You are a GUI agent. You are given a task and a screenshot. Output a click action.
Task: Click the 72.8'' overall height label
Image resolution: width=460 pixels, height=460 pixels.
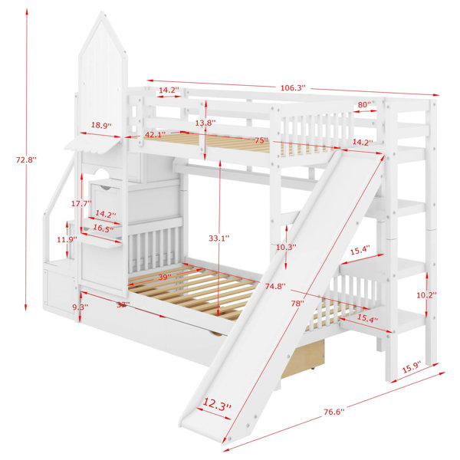tap(26, 160)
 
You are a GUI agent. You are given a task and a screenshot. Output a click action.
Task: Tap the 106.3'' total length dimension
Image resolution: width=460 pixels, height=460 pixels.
tap(293, 87)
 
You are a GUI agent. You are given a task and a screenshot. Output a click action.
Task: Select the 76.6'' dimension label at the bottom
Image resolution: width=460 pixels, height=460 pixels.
tap(333, 412)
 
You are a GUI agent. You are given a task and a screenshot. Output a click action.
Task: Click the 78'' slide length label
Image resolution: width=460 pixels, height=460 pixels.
tap(297, 304)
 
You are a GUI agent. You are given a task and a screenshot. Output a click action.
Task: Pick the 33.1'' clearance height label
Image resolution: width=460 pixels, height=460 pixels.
tap(219, 238)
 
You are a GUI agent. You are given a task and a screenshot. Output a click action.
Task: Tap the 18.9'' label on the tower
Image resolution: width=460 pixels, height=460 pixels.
tap(101, 125)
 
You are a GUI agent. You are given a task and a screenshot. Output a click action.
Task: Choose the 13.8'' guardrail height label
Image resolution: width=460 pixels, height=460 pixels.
tap(205, 123)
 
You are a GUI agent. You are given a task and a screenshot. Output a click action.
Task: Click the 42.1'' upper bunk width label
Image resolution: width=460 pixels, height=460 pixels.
tap(154, 134)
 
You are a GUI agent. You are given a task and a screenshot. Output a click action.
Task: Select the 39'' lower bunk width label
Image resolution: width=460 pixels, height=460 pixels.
tap(165, 277)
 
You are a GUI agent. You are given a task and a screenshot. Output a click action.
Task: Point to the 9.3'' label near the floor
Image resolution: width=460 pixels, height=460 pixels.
tap(80, 307)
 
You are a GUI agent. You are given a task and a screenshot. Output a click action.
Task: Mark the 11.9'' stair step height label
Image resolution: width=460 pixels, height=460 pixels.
tap(67, 239)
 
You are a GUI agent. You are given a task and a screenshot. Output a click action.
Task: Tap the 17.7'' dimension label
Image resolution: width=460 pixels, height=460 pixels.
tap(81, 203)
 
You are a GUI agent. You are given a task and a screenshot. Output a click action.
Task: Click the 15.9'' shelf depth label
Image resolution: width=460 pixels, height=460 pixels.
tap(411, 367)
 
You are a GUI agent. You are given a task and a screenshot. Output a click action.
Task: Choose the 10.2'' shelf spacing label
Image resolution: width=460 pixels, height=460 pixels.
tap(427, 295)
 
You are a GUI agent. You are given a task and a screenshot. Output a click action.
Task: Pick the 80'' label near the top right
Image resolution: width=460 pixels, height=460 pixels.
tap(364, 104)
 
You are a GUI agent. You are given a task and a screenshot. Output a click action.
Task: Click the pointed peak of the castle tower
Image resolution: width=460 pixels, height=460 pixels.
tap(102, 12)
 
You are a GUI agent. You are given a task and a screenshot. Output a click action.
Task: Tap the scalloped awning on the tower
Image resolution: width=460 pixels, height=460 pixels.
tap(94, 146)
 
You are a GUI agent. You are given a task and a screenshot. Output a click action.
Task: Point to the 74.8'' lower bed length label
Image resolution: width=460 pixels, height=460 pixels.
tap(275, 286)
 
